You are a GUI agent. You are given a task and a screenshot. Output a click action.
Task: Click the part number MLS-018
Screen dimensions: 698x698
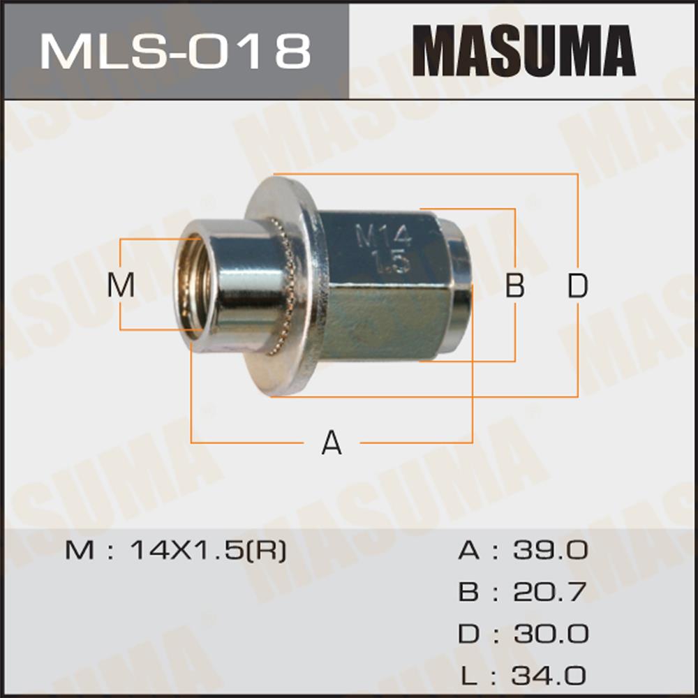[x=175, y=52]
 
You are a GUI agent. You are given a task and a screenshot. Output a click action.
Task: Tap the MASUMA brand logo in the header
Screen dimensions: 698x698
[x=524, y=51]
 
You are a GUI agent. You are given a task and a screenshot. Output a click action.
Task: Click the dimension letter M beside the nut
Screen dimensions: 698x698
[x=121, y=285]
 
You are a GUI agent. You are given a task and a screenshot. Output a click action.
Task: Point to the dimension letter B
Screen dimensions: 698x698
[x=515, y=285]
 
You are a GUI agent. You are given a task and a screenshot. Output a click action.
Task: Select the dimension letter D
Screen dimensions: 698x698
[x=578, y=285]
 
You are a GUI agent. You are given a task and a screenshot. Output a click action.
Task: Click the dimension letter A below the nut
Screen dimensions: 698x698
[x=332, y=443]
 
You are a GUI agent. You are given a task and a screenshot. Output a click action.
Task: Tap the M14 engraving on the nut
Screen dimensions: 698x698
[x=384, y=236]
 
